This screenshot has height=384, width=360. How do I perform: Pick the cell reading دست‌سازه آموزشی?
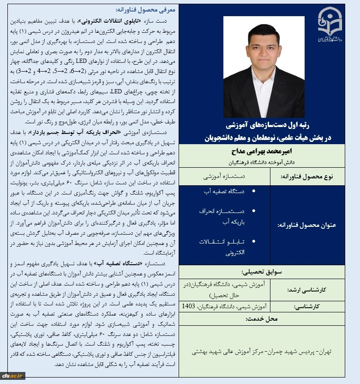(225, 177)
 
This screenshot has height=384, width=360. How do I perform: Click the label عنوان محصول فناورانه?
(307, 225)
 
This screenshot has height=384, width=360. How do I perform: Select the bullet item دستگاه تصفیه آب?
(225, 190)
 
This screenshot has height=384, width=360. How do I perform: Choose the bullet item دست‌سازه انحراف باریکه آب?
(225, 216)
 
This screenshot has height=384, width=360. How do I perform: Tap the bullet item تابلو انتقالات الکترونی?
(225, 247)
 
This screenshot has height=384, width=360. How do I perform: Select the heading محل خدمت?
(262, 319)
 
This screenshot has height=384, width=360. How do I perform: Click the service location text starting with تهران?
(262, 352)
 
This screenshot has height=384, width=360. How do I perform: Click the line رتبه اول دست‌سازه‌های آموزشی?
(262, 125)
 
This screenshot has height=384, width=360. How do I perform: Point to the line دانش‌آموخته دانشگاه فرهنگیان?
(262, 162)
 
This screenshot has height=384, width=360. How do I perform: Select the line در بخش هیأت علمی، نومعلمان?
(262, 137)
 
